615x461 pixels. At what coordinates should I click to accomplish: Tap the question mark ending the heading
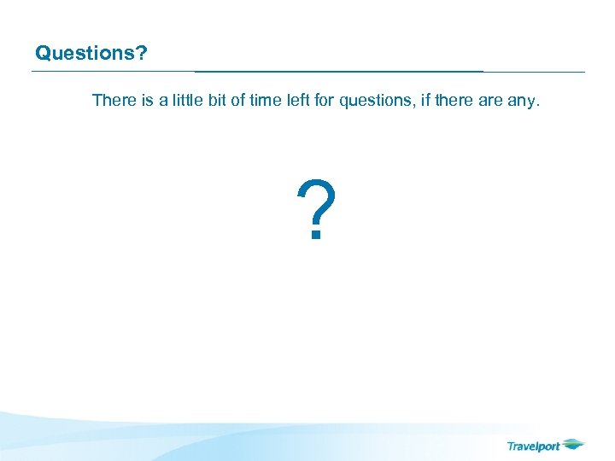(x=142, y=53)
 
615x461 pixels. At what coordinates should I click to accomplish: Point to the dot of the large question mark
(x=315, y=236)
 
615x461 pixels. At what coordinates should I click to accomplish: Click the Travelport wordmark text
(x=533, y=446)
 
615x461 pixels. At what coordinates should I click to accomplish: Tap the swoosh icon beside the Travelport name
(x=574, y=444)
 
